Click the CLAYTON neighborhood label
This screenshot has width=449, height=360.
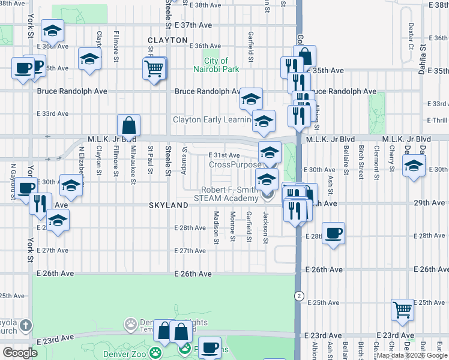167,40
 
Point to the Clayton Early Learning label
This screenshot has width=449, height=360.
211,119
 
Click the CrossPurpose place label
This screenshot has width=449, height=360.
235,164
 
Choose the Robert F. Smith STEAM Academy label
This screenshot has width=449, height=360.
225,193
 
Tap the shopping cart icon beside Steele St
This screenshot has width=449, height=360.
154,68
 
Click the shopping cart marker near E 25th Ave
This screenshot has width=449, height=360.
402,310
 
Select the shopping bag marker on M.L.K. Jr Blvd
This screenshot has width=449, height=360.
128,126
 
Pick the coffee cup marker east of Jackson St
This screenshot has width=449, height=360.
333,233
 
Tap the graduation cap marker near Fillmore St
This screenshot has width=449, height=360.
89,59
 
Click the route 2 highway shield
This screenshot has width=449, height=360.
298,296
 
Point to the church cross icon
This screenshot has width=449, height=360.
25,326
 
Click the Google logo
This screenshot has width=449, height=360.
20,353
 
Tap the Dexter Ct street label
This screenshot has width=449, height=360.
411,37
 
